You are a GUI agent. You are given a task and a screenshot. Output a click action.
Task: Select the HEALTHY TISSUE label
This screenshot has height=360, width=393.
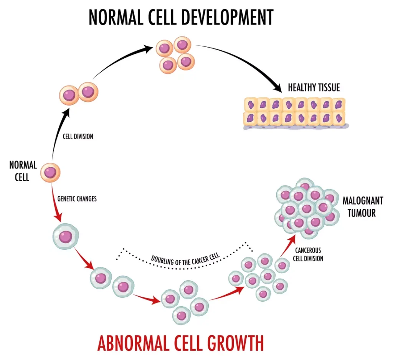(x=314, y=88)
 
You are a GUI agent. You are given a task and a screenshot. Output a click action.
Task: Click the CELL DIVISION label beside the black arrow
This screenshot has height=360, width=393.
(x=78, y=136)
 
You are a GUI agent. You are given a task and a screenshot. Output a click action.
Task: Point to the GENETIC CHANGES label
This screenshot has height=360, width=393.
(x=77, y=199)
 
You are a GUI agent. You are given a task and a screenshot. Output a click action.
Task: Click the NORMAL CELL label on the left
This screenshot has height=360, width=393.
(x=23, y=171)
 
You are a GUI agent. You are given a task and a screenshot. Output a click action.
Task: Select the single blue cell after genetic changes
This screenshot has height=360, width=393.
(x=66, y=236)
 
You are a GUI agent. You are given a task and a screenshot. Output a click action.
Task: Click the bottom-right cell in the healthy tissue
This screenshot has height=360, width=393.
(x=339, y=118)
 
